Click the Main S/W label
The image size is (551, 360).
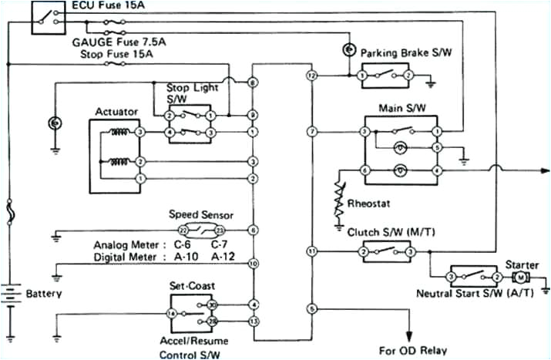398,107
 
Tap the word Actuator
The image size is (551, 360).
116,112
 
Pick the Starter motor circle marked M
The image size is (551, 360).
520,276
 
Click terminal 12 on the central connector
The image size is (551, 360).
311,76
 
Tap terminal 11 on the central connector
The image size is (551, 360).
311,251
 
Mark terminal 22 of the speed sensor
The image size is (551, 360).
182,230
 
